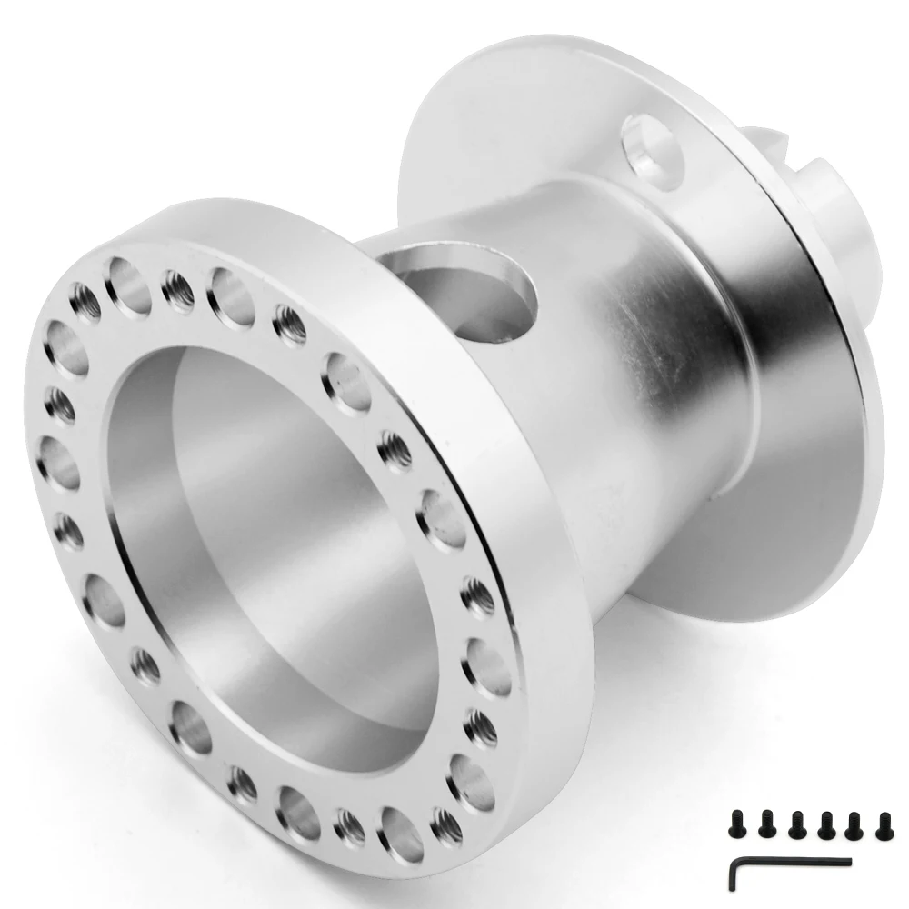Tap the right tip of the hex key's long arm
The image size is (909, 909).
(x=848, y=861)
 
